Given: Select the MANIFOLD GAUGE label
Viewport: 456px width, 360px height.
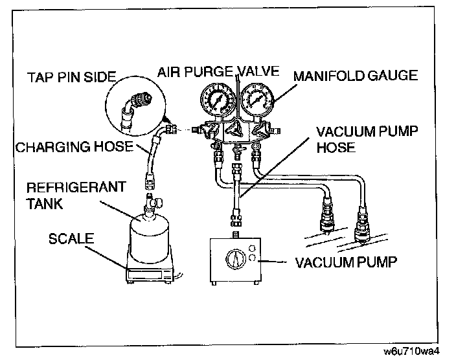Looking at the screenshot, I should tap(356, 76).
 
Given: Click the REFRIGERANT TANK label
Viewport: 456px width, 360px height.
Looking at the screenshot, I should tap(63, 194).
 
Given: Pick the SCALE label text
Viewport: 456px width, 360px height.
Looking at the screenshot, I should tap(71, 239).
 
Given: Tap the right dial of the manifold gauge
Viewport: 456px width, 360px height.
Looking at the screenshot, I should tap(256, 101).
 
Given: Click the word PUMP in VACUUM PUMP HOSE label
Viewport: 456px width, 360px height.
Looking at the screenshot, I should tap(391, 132).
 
